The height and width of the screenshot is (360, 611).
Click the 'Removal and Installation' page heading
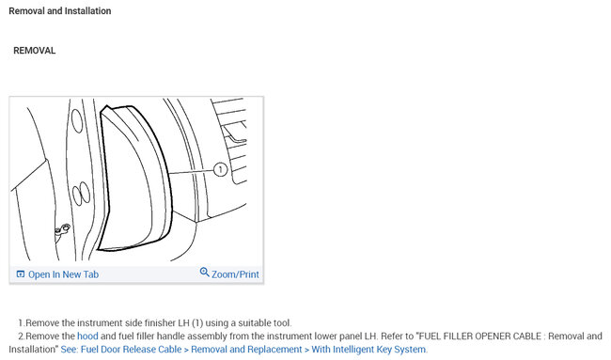[60, 11]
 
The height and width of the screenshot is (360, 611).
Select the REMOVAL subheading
[34, 51]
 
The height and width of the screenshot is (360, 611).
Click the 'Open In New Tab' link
[63, 274]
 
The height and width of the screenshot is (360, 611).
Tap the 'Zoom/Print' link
[235, 274]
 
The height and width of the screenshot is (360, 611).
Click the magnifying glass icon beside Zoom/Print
[205, 272]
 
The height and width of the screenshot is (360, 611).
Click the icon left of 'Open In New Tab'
[21, 274]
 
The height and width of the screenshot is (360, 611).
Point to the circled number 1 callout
[221, 169]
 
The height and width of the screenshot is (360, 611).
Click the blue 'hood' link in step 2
[87, 336]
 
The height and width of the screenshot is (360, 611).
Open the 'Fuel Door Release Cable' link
[131, 349]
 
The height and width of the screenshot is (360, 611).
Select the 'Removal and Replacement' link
[246, 349]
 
